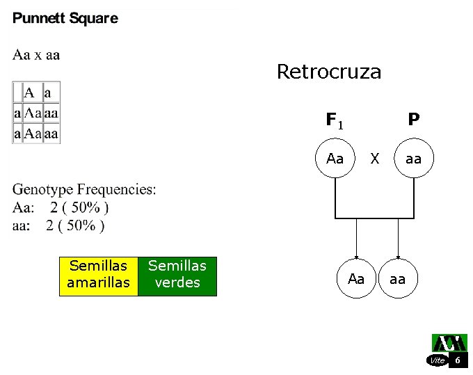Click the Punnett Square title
(x=65, y=19)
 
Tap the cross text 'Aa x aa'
(x=36, y=55)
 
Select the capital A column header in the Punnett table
(x=29, y=93)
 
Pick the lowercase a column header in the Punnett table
(x=48, y=93)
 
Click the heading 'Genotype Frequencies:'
(x=84, y=189)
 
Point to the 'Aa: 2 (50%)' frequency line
(x=61, y=207)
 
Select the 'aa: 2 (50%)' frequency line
(x=59, y=225)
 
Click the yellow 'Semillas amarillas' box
(x=98, y=275)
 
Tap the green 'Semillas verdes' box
(x=177, y=275)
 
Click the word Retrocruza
(x=329, y=72)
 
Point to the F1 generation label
(x=335, y=121)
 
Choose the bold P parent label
(x=413, y=120)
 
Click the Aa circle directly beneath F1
(x=335, y=159)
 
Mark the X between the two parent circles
(x=375, y=159)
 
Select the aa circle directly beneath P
(x=413, y=159)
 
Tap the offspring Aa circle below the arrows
(x=356, y=279)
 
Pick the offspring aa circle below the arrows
(x=397, y=279)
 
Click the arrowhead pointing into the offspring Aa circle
(x=356, y=255)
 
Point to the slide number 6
(x=458, y=360)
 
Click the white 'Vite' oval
(x=437, y=360)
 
